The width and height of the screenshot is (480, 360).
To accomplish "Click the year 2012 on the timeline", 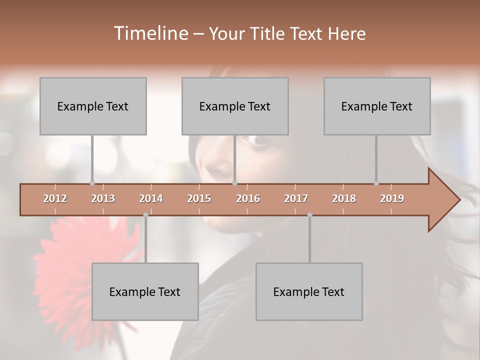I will tap(55, 198).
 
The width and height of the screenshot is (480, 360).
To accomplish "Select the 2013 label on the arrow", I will tap(103, 198).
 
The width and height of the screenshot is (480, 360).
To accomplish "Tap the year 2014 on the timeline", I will tap(151, 198).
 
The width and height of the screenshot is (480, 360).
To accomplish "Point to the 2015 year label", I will tap(199, 198).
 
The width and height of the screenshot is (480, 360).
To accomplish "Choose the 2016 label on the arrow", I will tap(248, 198).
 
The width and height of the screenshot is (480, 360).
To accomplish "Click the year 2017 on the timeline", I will tap(296, 198).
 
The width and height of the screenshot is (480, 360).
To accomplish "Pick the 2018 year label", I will tap(344, 198).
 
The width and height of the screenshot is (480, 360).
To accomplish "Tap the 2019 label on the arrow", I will tap(392, 198).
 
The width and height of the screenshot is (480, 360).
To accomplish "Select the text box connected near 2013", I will tap(93, 106).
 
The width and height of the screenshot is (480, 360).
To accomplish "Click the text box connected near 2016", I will tap(235, 106).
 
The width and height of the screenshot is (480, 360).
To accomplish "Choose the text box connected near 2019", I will tap(377, 106).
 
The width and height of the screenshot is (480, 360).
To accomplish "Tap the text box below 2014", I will tap(145, 291).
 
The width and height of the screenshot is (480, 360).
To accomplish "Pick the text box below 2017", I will tap(309, 291).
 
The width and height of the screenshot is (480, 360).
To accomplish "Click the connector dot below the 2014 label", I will tap(145, 215).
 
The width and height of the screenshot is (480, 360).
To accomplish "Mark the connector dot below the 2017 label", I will tap(309, 215).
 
